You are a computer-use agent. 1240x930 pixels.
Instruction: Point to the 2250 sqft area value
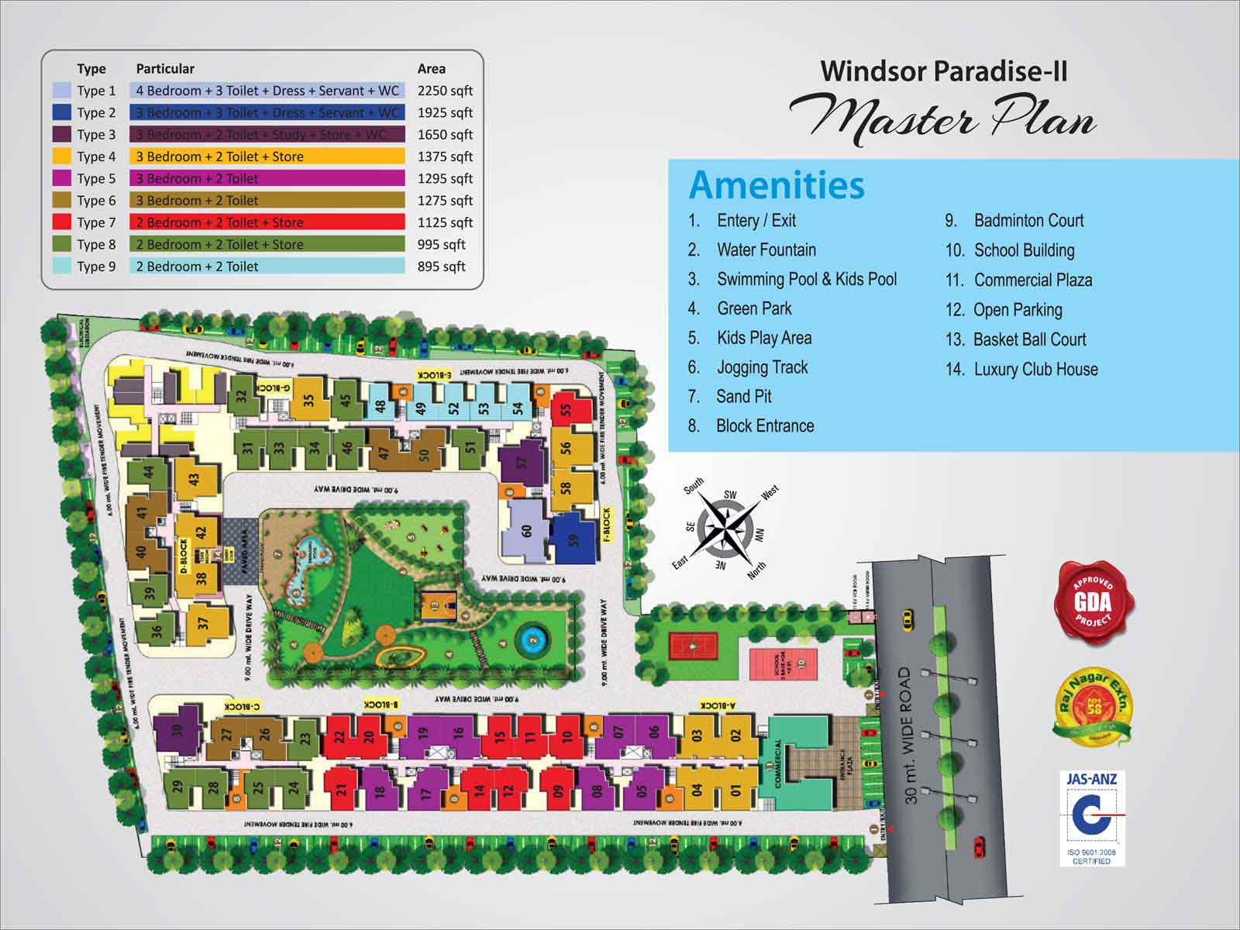click(444, 91)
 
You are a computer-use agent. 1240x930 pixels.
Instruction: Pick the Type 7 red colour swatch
click(62, 222)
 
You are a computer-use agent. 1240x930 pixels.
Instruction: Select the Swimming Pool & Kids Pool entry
click(806, 279)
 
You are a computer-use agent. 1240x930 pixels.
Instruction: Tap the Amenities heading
click(776, 185)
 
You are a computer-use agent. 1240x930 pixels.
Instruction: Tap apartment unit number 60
click(526, 531)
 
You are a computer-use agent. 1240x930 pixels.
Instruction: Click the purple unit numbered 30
click(177, 730)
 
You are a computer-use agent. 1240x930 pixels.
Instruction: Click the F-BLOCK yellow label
click(606, 525)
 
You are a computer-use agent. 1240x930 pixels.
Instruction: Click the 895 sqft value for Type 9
click(441, 267)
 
